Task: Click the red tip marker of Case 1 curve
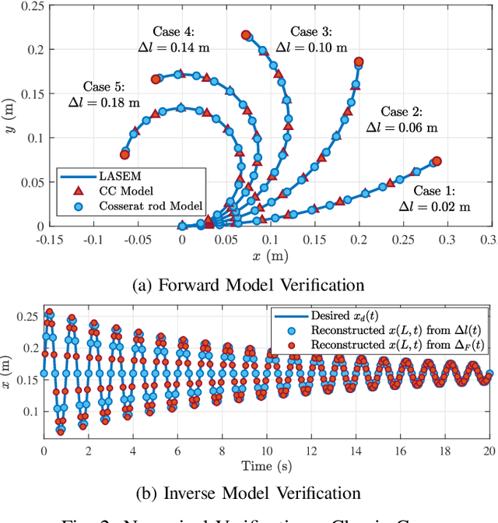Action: coord(437,162)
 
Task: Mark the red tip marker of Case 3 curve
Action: coord(359,61)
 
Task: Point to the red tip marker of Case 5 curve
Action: coord(124,154)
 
